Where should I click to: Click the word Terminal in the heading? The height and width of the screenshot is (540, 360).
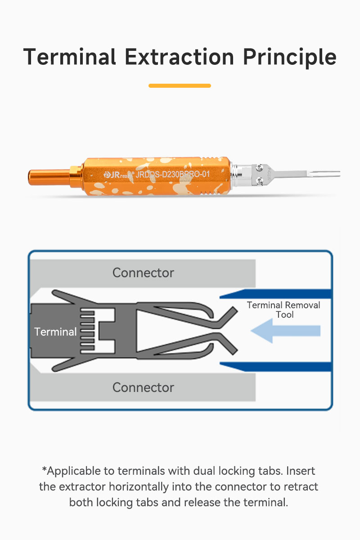[70, 57]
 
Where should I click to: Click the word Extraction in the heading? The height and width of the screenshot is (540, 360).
[180, 57]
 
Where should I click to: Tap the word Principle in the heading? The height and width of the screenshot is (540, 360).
[290, 58]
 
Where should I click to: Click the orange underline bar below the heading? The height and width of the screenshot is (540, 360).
[180, 85]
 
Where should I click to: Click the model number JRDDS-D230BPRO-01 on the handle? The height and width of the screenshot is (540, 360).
[173, 174]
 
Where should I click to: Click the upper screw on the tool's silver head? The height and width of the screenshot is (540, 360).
[260, 167]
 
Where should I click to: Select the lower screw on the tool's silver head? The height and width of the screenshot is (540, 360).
[260, 180]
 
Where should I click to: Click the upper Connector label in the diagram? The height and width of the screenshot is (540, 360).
[143, 273]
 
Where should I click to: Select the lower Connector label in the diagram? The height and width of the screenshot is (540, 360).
[143, 387]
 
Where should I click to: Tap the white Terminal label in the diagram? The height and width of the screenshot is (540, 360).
[55, 332]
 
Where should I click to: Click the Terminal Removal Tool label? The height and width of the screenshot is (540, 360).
[283, 310]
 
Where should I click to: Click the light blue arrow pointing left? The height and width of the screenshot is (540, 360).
[285, 331]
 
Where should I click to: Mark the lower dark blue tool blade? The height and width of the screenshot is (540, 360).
[275, 367]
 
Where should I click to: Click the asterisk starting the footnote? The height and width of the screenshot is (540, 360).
[45, 469]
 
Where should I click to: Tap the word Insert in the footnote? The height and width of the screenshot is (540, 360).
[301, 471]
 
